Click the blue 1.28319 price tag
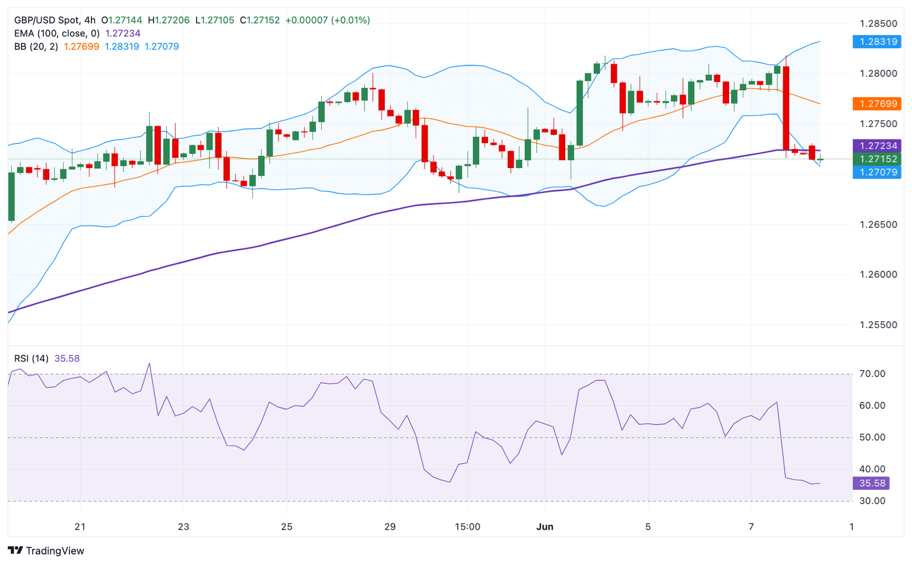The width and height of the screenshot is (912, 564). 876,42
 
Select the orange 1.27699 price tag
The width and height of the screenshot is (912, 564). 876,104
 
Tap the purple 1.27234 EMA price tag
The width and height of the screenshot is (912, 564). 876,146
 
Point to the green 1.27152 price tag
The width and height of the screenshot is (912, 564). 876,159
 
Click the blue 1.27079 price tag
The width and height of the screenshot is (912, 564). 876,173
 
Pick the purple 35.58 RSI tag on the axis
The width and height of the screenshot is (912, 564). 870,483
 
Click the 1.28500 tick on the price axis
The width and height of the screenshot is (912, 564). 878,24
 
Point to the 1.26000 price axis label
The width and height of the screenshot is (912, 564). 878,275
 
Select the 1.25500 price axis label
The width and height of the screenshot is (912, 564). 878,325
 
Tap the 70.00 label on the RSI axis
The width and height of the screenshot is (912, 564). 872,374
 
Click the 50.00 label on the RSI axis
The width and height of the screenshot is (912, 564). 872,438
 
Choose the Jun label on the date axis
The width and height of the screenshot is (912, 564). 544,527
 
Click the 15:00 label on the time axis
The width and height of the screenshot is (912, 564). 467,527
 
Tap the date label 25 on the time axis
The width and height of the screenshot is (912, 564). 287,527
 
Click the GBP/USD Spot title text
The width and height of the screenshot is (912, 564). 47,20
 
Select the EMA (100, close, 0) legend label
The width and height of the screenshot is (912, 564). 57,33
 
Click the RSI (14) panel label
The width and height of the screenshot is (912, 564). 31,359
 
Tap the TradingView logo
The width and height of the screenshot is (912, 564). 46,551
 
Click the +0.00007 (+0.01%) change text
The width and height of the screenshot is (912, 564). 327,20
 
